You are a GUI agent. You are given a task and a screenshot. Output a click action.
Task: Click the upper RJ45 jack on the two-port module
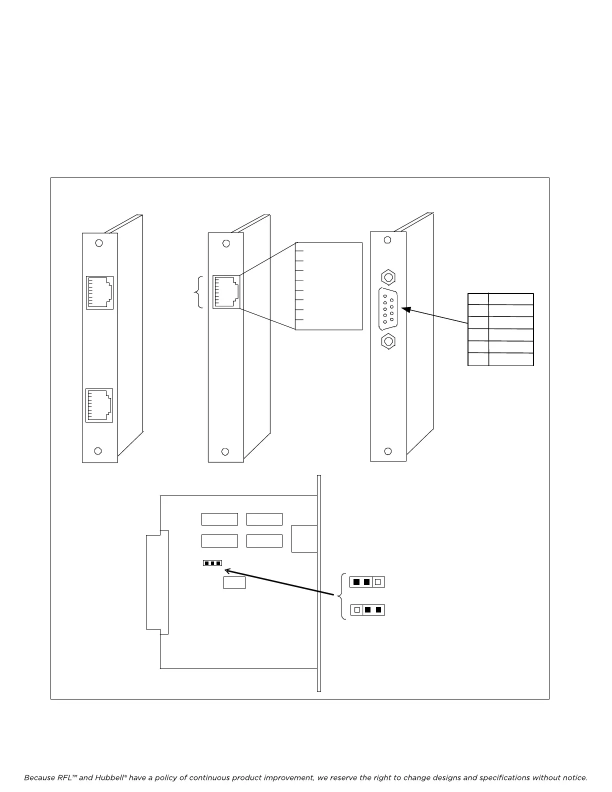pos(99,292)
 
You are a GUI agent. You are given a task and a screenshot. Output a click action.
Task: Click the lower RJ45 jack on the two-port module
pos(99,405)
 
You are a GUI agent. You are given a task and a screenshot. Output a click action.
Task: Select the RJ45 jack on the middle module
pos(226,292)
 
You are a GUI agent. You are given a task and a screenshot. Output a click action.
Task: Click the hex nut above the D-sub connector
pos(387,276)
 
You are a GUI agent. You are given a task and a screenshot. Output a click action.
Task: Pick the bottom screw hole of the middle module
pos(225,451)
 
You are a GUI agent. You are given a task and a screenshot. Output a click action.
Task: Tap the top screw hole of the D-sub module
pos(387,240)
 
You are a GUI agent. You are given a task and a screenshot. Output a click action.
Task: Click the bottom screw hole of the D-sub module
pos(387,451)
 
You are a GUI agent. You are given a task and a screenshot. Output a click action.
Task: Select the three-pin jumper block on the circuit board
pos(212,563)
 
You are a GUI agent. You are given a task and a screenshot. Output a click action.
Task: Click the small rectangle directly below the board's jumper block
pos(234,582)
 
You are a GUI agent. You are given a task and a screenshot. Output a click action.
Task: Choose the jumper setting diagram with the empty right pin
pos(367,582)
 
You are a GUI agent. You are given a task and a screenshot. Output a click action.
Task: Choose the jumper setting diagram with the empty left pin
pos(367,610)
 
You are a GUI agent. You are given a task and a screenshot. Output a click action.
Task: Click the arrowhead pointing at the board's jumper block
pos(228,570)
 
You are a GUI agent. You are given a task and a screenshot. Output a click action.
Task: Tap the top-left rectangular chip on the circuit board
pos(219,519)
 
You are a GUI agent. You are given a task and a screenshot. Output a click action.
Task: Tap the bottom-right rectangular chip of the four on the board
pos(264,541)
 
